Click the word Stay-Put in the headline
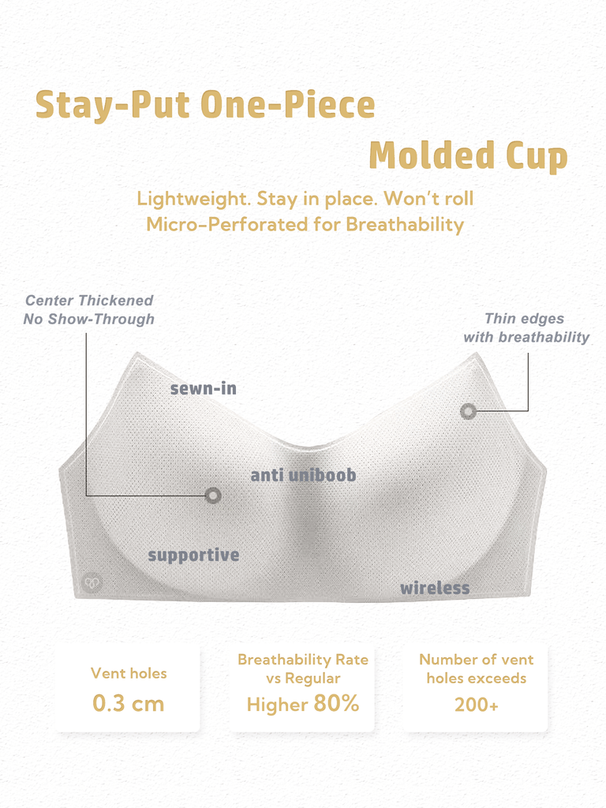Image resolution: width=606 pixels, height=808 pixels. click(112, 105)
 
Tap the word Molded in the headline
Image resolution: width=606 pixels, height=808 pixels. click(432, 155)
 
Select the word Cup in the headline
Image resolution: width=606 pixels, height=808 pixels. click(537, 157)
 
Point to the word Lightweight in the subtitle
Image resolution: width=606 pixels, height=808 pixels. click(193, 199)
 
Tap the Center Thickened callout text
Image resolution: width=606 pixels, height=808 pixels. click(88, 309)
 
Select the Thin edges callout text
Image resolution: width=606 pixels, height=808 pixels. click(526, 327)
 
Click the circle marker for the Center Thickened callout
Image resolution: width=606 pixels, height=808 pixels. click(213, 496)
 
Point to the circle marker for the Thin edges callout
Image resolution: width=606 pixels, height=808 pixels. click(468, 411)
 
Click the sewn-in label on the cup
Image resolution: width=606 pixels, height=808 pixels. click(204, 388)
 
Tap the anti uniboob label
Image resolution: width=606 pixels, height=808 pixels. click(303, 474)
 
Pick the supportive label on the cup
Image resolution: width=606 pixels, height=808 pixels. click(194, 555)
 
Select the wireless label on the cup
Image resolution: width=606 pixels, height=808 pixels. click(435, 587)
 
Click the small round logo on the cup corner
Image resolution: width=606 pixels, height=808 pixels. click(92, 583)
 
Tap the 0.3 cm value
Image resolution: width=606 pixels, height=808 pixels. click(129, 704)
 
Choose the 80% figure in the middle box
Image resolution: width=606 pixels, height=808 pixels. click(336, 703)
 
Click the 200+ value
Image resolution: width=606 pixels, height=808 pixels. click(477, 705)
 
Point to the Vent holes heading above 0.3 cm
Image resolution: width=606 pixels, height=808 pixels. click(129, 673)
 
